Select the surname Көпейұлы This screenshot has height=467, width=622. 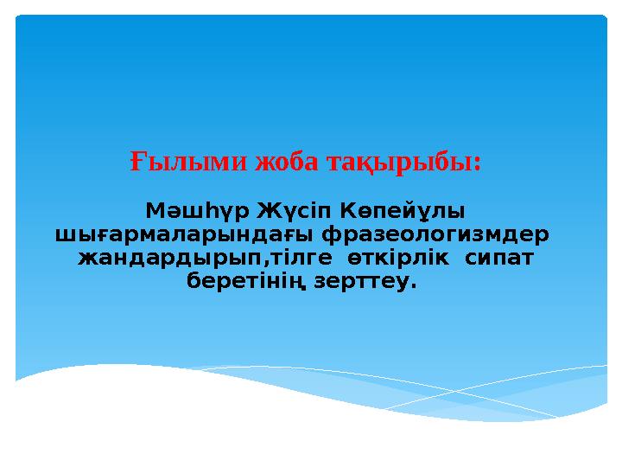point(402,211)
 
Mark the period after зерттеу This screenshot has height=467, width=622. point(414,286)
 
